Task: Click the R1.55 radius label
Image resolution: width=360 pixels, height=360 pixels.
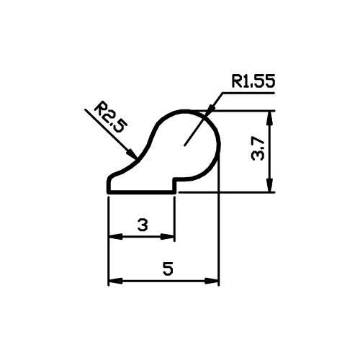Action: coord(253,81)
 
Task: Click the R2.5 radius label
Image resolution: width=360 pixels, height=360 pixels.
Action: coord(110,117)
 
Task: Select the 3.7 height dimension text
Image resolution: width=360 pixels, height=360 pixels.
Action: coord(258,150)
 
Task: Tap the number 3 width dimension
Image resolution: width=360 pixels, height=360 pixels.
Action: coord(143,225)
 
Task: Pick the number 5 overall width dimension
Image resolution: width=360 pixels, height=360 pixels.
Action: coord(168,269)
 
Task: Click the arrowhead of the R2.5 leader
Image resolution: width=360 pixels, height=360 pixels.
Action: coord(132,154)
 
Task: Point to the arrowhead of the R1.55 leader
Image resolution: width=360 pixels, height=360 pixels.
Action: coord(210,110)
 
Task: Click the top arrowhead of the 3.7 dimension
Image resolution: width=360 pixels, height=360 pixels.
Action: coord(270,117)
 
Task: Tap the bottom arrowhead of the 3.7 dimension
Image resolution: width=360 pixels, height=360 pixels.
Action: coord(270,186)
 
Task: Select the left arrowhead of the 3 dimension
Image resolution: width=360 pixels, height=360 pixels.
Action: coord(116,237)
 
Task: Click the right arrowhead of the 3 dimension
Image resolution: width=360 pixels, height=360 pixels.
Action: coord(167,237)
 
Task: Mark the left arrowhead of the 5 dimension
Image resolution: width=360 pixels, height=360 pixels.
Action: coord(116,281)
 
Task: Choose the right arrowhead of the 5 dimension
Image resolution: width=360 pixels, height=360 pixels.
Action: coord(212,281)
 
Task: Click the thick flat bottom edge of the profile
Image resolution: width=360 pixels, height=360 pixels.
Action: coord(141,192)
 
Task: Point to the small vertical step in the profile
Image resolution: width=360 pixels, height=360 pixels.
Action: coord(174,185)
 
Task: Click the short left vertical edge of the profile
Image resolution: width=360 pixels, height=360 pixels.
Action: coord(108,185)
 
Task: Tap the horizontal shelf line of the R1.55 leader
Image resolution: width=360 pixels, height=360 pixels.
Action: coord(248,92)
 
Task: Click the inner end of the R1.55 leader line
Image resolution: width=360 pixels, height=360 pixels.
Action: coord(184,145)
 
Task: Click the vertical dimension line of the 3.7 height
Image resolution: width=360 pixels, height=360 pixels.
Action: coord(270,151)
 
